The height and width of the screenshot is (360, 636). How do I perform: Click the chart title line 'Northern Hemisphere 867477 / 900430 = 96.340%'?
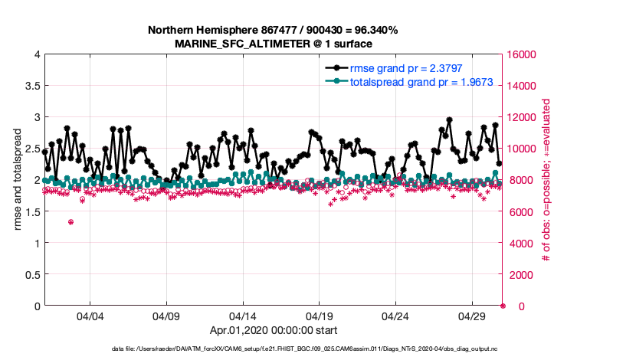(x=273, y=30)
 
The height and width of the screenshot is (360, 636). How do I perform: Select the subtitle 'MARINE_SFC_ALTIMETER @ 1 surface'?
(x=273, y=43)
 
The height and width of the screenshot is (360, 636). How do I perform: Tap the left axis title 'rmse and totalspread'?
(x=18, y=180)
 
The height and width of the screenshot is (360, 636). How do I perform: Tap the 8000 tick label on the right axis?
(x=517, y=180)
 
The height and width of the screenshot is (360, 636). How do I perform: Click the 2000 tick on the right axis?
(x=517, y=274)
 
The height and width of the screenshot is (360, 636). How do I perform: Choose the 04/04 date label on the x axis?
(x=90, y=316)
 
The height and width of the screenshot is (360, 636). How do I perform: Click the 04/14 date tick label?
(x=243, y=316)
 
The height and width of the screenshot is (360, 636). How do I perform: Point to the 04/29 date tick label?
(x=472, y=316)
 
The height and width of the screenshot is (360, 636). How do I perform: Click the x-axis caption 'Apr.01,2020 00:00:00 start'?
(x=273, y=331)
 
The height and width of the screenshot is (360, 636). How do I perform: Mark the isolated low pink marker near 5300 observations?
(x=70, y=222)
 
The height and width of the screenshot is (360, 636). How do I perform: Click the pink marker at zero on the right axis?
(x=503, y=306)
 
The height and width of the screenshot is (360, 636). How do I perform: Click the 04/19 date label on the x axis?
(x=319, y=316)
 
